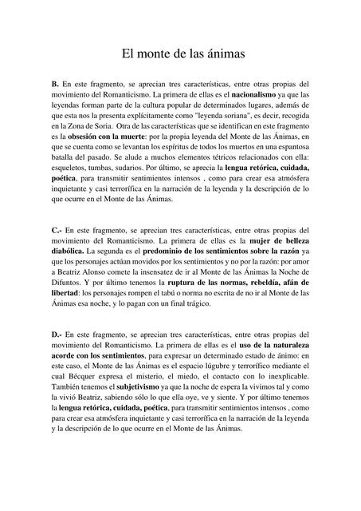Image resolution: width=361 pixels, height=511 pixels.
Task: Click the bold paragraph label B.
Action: [54, 83]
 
